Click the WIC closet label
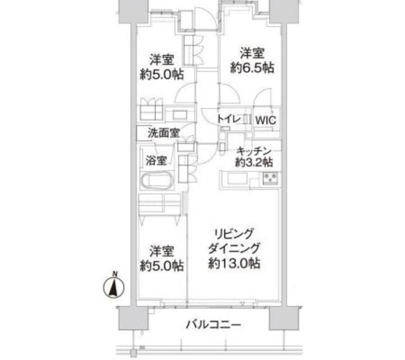click(x=266, y=118)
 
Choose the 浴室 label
click(x=156, y=159)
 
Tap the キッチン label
click(x=254, y=151)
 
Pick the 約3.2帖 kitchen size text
click(x=254, y=162)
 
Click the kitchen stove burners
click(x=270, y=178)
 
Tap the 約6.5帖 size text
click(x=252, y=68)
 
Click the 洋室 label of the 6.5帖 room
click(x=252, y=53)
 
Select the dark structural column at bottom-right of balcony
click(x=282, y=318)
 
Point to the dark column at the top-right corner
click(x=279, y=10)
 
